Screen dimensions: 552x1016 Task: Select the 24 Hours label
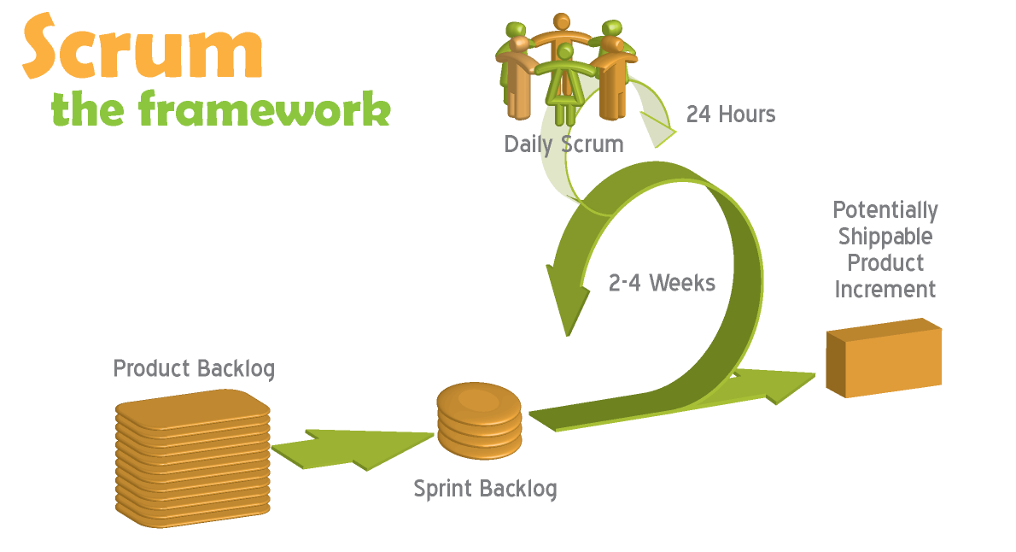coord(731,114)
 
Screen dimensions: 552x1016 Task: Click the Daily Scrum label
coord(563,144)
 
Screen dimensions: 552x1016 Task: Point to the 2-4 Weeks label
coord(662,283)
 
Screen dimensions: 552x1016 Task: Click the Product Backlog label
coord(194,368)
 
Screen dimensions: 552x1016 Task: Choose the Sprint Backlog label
coord(485,489)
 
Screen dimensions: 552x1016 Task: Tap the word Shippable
coord(885,236)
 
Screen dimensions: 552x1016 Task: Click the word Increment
coord(885,289)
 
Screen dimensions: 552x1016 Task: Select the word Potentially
coord(885,210)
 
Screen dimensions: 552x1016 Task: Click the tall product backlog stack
coord(193,457)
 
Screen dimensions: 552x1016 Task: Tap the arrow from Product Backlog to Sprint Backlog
coord(350,447)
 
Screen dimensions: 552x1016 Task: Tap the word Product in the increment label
coord(885,262)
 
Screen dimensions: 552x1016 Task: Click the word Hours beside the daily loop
coord(746,114)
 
